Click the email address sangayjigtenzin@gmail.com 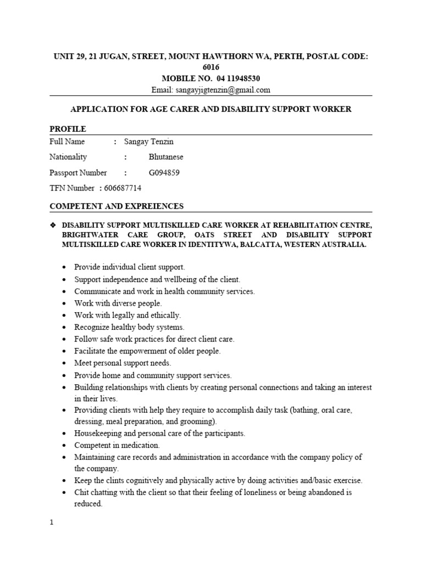pos(223,90)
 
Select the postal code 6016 pos(210,68)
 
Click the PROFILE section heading pos(68,129)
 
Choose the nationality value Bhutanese pos(166,157)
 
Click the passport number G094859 pos(164,173)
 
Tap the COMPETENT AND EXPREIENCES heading pos(116,206)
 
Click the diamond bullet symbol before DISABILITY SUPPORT pos(53,225)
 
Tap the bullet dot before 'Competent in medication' pos(65,446)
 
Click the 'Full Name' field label pos(67,142)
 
